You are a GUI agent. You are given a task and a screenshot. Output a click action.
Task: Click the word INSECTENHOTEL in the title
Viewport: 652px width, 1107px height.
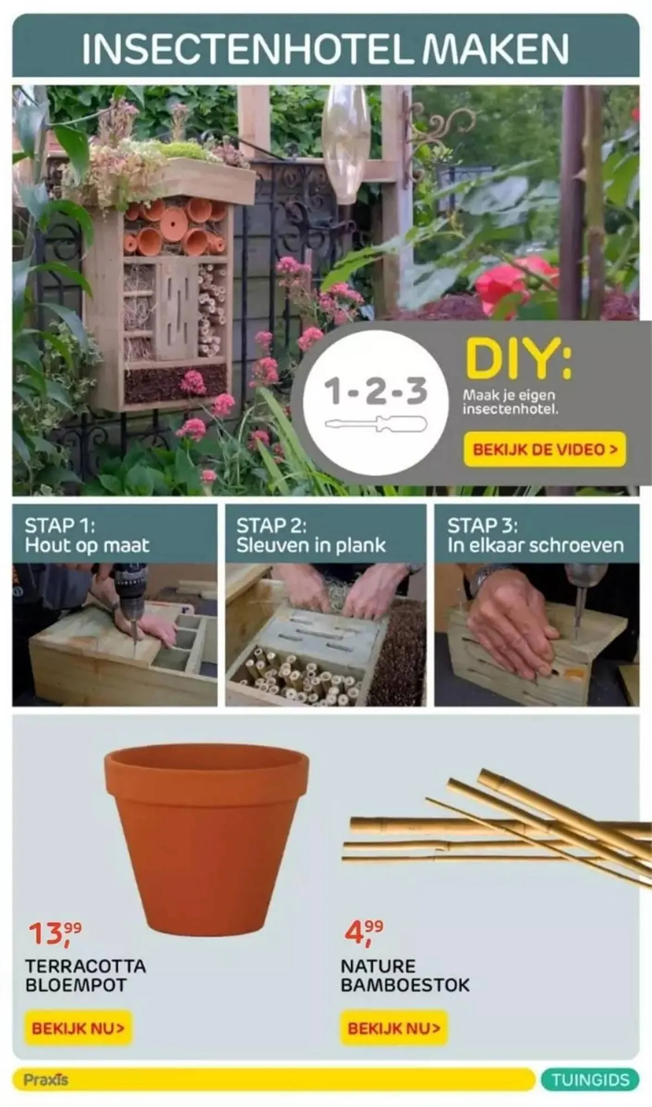pyautogui.click(x=248, y=49)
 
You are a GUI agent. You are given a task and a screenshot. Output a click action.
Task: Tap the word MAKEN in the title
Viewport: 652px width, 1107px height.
pyautogui.click(x=495, y=49)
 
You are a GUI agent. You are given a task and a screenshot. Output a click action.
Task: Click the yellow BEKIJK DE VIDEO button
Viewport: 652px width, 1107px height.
pyautogui.click(x=545, y=449)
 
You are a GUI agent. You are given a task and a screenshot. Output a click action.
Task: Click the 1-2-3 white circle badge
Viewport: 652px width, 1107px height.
pyautogui.click(x=376, y=403)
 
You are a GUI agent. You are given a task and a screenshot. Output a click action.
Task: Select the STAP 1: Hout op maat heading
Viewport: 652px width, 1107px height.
pyautogui.click(x=87, y=535)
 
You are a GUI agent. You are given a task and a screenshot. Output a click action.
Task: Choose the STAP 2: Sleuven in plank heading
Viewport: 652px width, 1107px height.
pyautogui.click(x=311, y=535)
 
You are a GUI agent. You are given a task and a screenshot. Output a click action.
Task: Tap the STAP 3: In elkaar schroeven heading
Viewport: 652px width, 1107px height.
pyautogui.click(x=535, y=535)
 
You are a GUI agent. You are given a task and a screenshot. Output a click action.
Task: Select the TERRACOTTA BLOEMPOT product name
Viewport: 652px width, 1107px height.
pyautogui.click(x=85, y=975)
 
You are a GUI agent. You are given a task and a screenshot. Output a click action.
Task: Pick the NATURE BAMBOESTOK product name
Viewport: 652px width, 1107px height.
pyautogui.click(x=405, y=975)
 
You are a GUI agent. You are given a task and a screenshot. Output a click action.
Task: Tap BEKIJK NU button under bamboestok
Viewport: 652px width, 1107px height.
pyautogui.click(x=394, y=1028)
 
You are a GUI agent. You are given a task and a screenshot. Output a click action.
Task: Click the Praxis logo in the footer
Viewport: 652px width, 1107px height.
pyautogui.click(x=45, y=1079)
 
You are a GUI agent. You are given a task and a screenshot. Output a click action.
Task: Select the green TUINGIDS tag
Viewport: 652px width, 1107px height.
pyautogui.click(x=590, y=1079)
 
